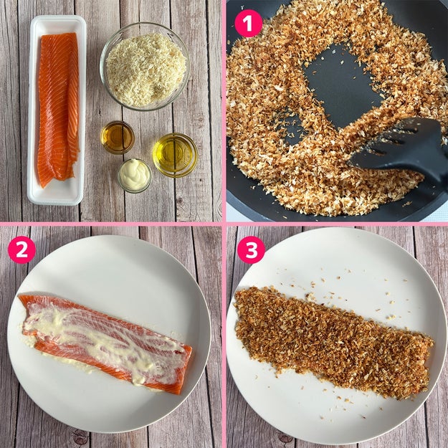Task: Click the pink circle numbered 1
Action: tap(248, 23)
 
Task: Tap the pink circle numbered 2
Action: tap(22, 249)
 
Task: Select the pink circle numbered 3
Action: tap(251, 249)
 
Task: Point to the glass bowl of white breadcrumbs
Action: tap(145, 66)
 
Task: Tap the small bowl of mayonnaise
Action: tap(135, 176)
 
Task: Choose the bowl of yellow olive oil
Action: tap(175, 155)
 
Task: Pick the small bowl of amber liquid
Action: tap(118, 138)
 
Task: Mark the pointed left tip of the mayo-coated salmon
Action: tap(19, 296)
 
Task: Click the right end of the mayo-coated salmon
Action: tap(186, 368)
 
